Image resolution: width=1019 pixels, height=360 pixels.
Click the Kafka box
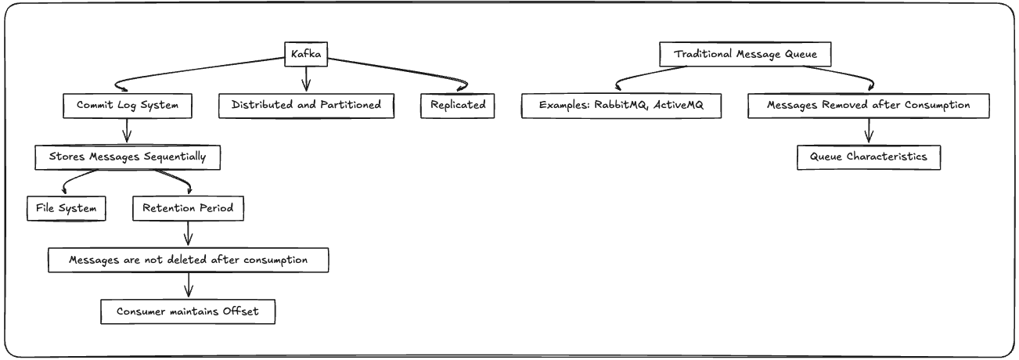(305, 54)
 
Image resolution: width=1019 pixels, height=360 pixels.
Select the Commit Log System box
(127, 106)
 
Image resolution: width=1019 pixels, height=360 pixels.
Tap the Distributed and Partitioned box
(306, 106)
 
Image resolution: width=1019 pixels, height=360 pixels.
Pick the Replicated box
(458, 106)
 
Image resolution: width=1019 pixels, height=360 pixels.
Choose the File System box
(66, 209)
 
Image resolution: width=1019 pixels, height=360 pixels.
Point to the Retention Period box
(188, 209)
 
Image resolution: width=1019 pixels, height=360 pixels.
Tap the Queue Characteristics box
(868, 157)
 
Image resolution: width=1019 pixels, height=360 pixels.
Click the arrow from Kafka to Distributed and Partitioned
(306, 79)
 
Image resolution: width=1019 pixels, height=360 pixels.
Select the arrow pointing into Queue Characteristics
(868, 131)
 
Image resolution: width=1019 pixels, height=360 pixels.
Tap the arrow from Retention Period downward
(188, 234)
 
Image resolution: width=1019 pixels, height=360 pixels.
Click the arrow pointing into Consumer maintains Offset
(188, 286)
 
